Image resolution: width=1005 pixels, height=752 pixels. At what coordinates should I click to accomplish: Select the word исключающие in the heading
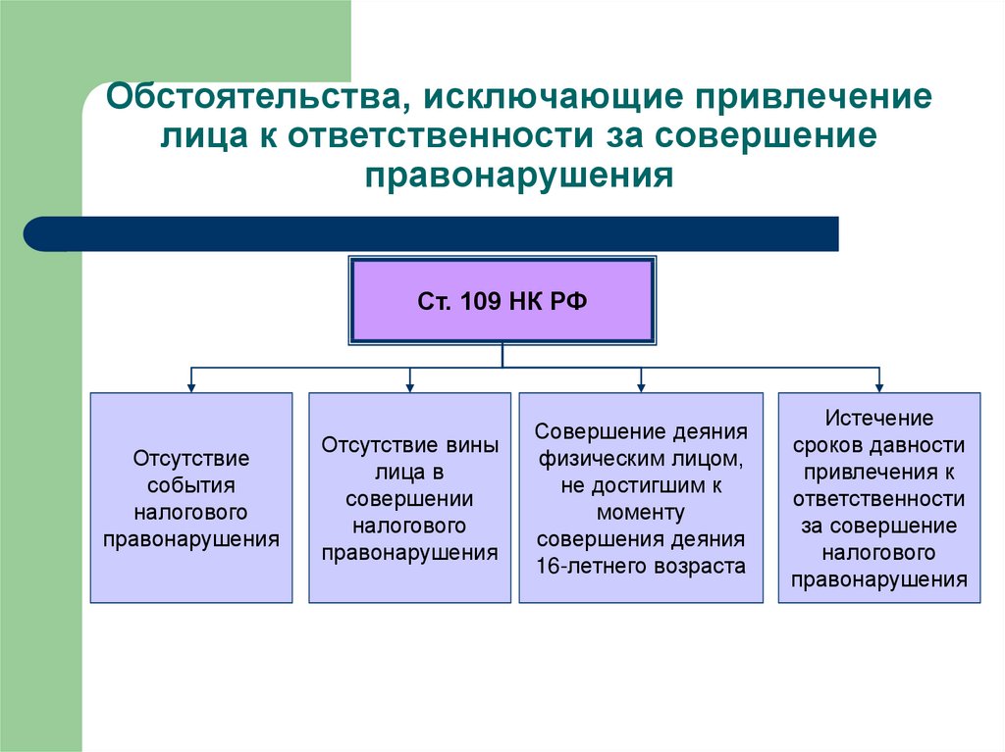(552, 97)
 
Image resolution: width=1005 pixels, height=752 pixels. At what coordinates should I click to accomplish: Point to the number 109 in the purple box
(480, 301)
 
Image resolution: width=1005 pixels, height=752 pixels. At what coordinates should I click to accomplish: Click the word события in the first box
(191, 485)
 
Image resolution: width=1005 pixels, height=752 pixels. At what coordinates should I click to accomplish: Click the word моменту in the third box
(641, 513)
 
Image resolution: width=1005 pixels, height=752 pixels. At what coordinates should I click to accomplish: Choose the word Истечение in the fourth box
(878, 418)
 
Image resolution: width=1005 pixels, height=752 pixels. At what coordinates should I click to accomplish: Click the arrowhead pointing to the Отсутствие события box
(191, 387)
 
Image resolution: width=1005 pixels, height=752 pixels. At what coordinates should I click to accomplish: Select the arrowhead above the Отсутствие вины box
(410, 387)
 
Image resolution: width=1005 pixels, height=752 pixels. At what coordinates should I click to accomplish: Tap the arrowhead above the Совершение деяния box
(641, 387)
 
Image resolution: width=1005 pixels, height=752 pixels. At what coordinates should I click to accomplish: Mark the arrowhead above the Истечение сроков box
(879, 387)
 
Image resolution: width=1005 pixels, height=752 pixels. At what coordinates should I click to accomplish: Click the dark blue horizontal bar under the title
(431, 233)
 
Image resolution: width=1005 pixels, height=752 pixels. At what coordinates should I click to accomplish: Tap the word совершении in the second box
(409, 499)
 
